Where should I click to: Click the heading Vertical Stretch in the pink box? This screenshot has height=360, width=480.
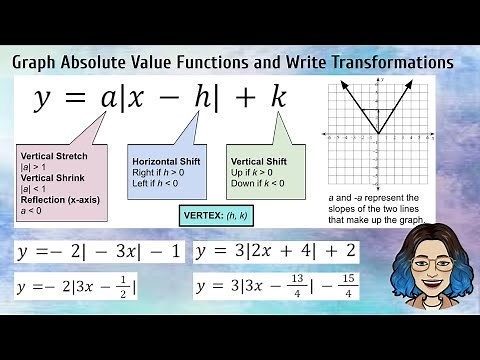click(x=54, y=156)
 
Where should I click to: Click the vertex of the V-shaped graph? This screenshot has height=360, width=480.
click(x=377, y=133)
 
